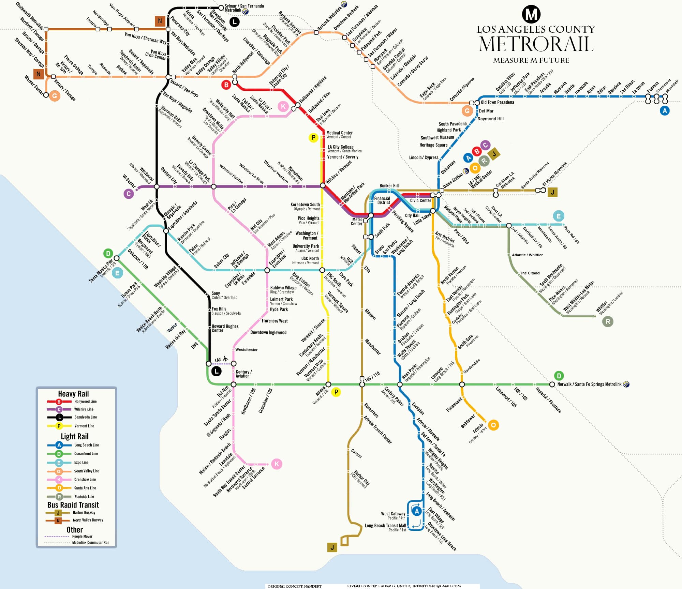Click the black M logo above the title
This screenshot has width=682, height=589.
[531, 14]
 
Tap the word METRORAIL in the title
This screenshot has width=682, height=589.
[536, 44]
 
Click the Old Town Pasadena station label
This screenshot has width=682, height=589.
[497, 102]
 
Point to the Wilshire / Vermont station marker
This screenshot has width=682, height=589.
[323, 185]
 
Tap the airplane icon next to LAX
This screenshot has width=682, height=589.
[225, 359]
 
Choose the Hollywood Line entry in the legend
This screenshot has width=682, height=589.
[85, 402]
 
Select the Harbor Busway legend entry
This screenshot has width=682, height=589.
[84, 513]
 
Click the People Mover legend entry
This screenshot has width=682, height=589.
[82, 537]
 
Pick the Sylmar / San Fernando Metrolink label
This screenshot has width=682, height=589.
[244, 8]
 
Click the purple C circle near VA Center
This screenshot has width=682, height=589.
[129, 194]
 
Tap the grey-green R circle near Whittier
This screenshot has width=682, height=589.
[608, 321]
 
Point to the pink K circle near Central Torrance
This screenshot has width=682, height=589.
[277, 464]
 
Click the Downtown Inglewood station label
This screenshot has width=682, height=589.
[268, 332]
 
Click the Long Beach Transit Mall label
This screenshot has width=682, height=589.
[385, 526]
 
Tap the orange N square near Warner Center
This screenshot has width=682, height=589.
[38, 74]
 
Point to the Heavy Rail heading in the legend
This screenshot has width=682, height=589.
[73, 394]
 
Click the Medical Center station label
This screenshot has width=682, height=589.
[339, 133]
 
